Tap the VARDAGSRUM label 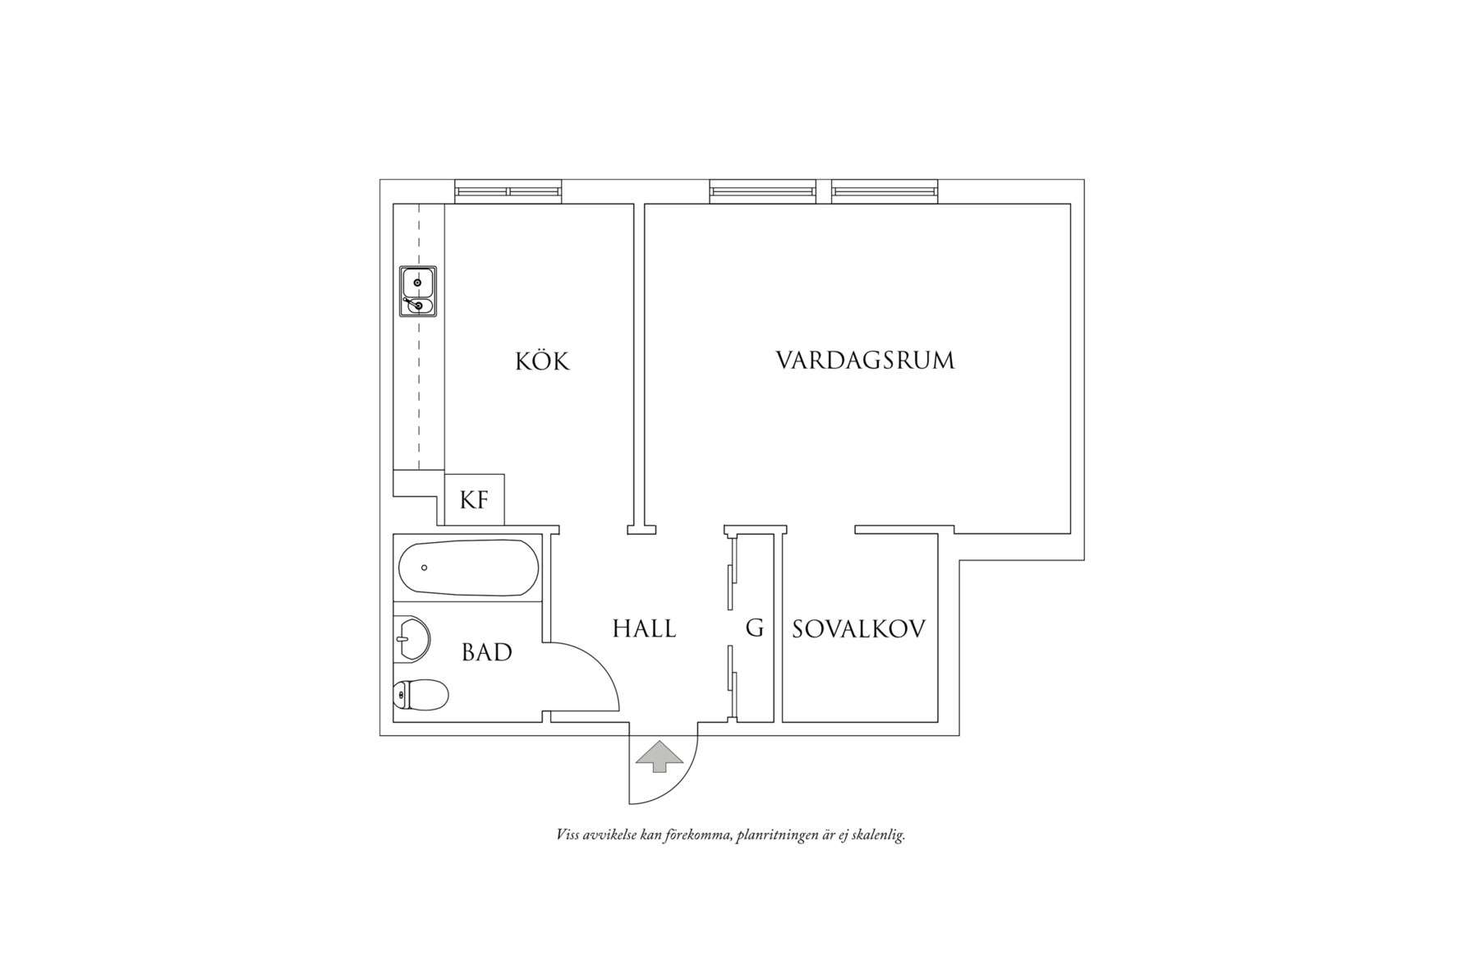(866, 361)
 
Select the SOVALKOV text (858, 629)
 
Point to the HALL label (645, 629)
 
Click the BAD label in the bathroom (487, 652)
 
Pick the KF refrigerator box (474, 499)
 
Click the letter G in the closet (755, 629)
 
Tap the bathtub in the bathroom (468, 568)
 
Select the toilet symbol (421, 695)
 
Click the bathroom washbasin (413, 638)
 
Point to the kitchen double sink (418, 292)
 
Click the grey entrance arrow (660, 757)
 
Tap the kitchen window (509, 191)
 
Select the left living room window (764, 191)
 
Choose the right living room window (885, 191)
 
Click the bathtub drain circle (425, 568)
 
